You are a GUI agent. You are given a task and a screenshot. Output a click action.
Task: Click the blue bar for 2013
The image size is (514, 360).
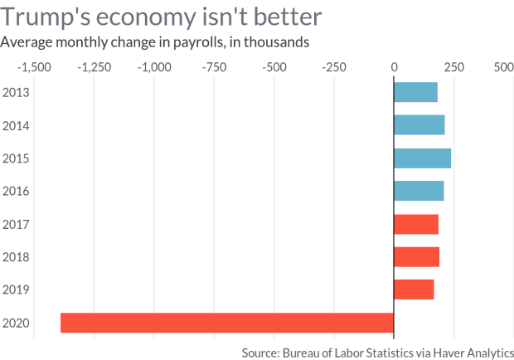(x=415, y=92)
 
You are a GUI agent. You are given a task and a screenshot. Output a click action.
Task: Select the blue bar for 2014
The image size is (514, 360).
(x=419, y=125)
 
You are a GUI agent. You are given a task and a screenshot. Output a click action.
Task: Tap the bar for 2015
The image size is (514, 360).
(x=423, y=158)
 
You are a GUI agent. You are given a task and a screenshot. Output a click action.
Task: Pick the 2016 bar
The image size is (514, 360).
(x=419, y=191)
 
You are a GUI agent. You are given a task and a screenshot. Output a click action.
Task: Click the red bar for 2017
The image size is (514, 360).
(x=416, y=224)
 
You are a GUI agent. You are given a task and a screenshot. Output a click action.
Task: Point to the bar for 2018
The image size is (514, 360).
(x=417, y=256)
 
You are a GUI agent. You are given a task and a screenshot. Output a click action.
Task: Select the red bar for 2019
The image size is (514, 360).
(x=414, y=289)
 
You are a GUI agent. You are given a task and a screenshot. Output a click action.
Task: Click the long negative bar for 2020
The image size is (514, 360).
(x=227, y=323)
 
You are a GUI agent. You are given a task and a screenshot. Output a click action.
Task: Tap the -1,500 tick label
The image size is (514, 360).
(x=34, y=67)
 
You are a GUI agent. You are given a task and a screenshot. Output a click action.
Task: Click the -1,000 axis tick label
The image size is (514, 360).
(x=154, y=67)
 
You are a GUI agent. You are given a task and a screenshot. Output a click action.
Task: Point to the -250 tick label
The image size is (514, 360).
(x=334, y=67)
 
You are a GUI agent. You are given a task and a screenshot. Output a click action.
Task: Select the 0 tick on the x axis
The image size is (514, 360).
(x=394, y=67)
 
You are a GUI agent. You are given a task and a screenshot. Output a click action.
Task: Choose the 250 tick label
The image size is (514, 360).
(x=454, y=67)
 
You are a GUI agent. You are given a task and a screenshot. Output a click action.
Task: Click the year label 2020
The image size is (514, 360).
(x=16, y=324)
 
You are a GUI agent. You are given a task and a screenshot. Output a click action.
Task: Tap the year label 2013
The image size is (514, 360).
(x=16, y=92)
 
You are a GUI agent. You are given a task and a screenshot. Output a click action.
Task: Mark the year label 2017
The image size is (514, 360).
(x=16, y=225)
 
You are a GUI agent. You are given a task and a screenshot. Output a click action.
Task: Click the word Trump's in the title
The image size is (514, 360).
(x=46, y=17)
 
